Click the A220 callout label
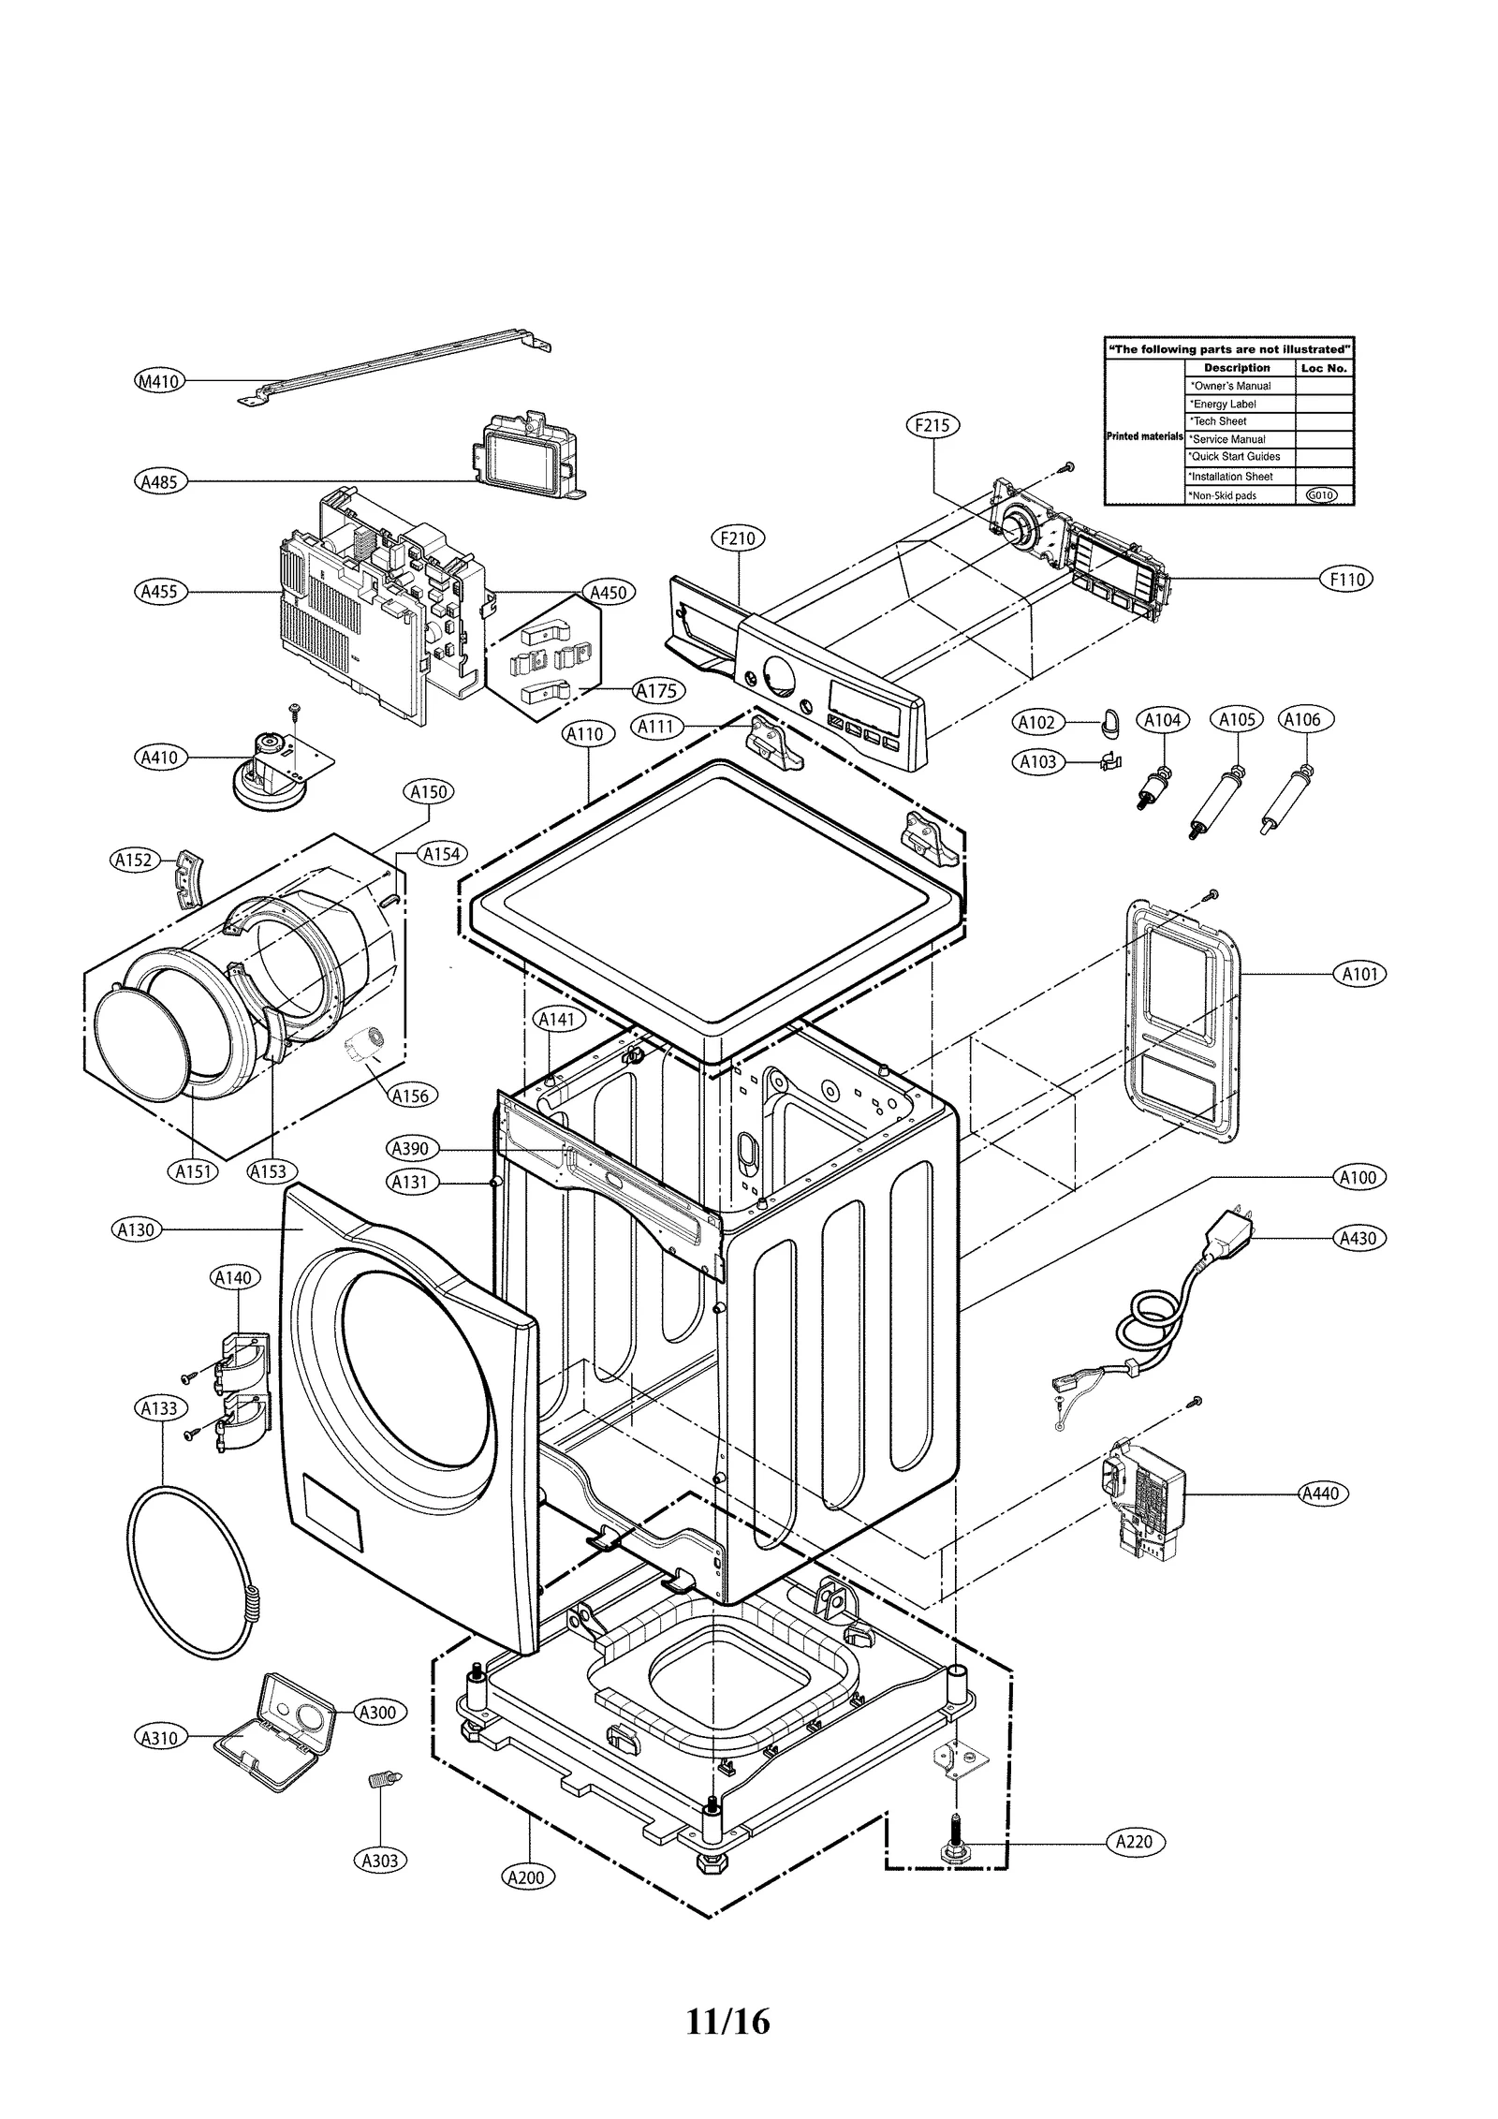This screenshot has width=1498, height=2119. [x=1136, y=1842]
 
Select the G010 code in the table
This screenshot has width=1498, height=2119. [x=1321, y=495]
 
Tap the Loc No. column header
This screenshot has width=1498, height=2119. [x=1323, y=368]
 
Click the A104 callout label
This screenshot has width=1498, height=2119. [x=1163, y=719]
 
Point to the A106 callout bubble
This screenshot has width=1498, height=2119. [x=1301, y=719]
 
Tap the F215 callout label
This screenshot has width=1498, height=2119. [x=933, y=425]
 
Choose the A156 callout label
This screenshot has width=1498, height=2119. [x=410, y=1095]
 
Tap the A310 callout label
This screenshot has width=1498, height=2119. [x=159, y=1737]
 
